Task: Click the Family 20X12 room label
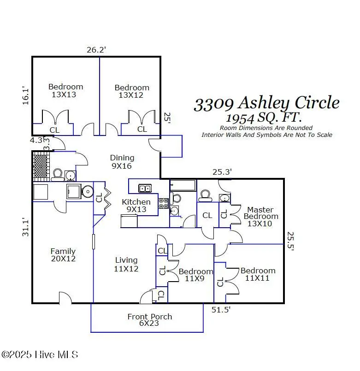point(63,255)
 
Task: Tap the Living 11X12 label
point(126,264)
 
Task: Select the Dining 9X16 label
point(122,162)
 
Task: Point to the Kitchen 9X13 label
point(136,206)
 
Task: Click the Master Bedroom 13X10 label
point(260,217)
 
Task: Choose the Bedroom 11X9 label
point(196,275)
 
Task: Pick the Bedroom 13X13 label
point(65,90)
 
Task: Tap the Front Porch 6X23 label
point(150,320)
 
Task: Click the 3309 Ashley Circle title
point(266,104)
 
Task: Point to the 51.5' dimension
point(221,310)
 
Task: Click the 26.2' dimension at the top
point(97,50)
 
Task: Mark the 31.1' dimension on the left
point(26,227)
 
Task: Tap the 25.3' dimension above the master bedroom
point(222,172)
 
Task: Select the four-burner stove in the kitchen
point(164,203)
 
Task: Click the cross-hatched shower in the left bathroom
point(41,165)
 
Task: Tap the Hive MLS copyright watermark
point(40,354)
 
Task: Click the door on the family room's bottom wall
point(65,298)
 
